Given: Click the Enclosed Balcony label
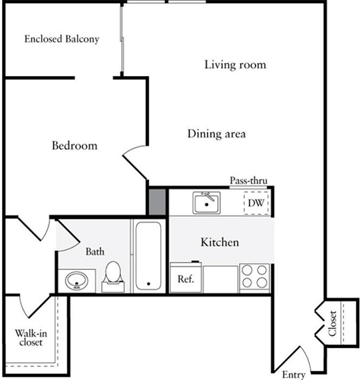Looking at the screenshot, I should pyautogui.click(x=62, y=39).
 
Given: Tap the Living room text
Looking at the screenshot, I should pyautogui.click(x=235, y=65).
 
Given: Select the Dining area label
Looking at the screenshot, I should pyautogui.click(x=217, y=134).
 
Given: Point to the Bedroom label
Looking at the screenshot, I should pyautogui.click(x=74, y=145).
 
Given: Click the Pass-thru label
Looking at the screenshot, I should pyautogui.click(x=248, y=181).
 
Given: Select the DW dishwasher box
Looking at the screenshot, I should pyautogui.click(x=255, y=203).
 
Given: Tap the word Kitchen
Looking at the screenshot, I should pyautogui.click(x=219, y=242).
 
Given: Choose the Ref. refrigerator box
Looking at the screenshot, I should pyautogui.click(x=186, y=278).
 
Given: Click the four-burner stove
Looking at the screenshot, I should pyautogui.click(x=254, y=276).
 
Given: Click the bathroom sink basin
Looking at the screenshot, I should pyautogui.click(x=75, y=281).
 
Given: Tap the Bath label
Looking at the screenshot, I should pyautogui.click(x=95, y=252).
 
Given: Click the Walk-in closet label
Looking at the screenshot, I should pyautogui.click(x=29, y=337).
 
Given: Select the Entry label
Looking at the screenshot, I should pyautogui.click(x=293, y=374).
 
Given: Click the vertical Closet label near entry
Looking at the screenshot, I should pyautogui.click(x=332, y=323).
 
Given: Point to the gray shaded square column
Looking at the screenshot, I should pyautogui.click(x=157, y=201).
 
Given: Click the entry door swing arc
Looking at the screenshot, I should pyautogui.click(x=293, y=351).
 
